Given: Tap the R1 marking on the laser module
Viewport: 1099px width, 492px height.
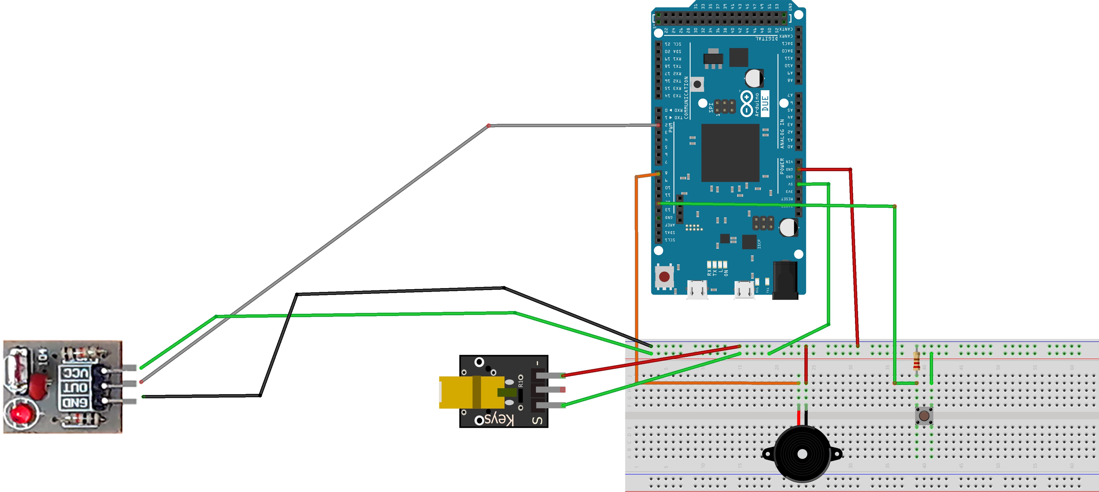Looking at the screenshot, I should coord(520,381).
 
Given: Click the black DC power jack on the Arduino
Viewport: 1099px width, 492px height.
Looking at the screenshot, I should coord(785,280).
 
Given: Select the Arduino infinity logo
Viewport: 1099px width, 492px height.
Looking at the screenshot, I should coord(747,104).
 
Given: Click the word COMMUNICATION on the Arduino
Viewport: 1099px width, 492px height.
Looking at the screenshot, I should coord(686,97).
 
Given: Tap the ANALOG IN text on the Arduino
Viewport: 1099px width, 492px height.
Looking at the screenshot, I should coord(782,133).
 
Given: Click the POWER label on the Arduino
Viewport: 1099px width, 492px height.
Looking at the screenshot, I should coord(782,166).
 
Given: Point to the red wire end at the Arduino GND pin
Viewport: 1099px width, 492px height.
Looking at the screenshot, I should coord(799,169).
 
